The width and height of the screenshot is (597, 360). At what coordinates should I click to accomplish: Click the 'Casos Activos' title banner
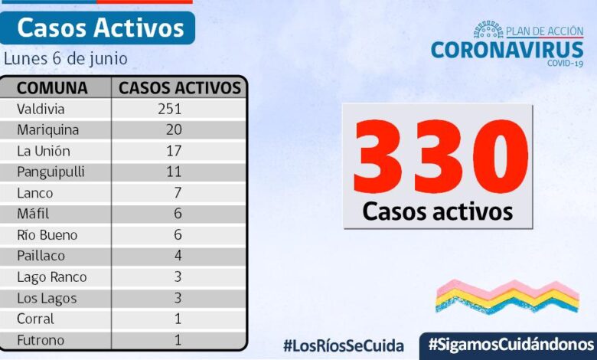click(100, 28)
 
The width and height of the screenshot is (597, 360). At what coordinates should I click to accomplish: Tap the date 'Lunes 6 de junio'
click(66, 59)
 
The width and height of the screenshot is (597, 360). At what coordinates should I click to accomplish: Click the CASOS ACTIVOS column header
click(180, 87)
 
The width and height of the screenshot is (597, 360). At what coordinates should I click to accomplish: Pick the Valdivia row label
click(41, 109)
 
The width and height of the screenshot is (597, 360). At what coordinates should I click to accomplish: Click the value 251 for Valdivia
click(169, 109)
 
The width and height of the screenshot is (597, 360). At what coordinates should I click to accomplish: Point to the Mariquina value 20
click(174, 129)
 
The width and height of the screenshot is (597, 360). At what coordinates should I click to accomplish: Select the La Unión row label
click(44, 151)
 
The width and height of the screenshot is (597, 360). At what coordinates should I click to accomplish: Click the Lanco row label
click(35, 193)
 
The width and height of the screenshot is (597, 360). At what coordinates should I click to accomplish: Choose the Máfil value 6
click(178, 214)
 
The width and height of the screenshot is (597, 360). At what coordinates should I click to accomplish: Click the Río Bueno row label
click(47, 235)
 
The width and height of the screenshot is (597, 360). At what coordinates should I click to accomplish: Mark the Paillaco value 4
click(178, 256)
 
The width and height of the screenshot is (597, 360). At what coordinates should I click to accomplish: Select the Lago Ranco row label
click(52, 277)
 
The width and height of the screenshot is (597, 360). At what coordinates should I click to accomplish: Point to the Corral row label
click(36, 319)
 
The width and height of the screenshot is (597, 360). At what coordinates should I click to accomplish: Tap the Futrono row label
click(41, 340)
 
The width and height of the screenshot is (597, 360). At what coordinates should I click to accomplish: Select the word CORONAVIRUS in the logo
click(507, 50)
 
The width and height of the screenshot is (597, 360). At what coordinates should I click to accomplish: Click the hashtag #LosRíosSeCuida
click(344, 345)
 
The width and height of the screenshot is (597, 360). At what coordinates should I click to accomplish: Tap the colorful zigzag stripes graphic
click(507, 296)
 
